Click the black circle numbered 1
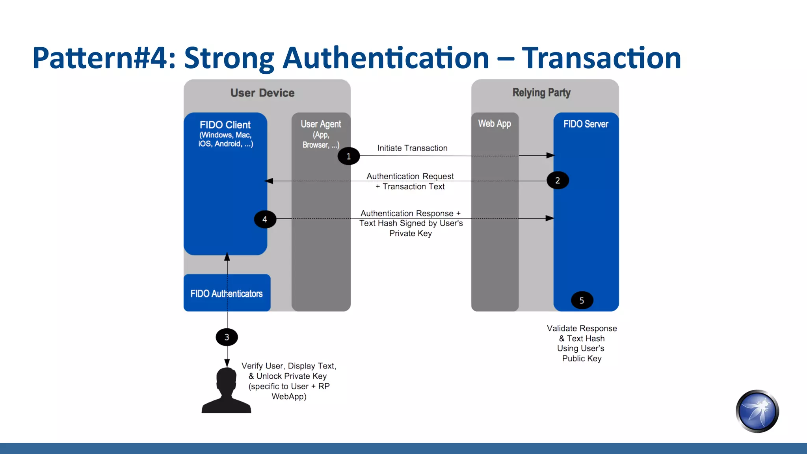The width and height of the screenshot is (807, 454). (x=349, y=156)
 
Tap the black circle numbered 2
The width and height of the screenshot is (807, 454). (x=558, y=180)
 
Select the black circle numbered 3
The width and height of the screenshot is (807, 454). (x=227, y=337)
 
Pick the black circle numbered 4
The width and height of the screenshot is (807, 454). (x=265, y=220)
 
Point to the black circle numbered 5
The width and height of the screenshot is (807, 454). (x=582, y=301)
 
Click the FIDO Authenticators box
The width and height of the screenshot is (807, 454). (x=227, y=293)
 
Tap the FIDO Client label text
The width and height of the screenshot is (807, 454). (x=225, y=125)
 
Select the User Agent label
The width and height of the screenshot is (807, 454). (x=321, y=125)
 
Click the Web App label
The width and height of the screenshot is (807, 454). (x=495, y=124)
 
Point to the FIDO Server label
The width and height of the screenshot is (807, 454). (x=586, y=124)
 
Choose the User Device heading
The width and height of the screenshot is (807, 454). (x=262, y=93)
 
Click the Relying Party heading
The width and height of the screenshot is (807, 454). (x=541, y=93)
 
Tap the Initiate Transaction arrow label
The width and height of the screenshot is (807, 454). (x=412, y=148)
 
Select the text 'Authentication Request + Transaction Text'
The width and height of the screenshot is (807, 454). (x=410, y=181)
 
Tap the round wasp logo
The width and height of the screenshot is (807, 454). (x=757, y=411)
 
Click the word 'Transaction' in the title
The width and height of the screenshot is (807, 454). (x=601, y=58)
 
